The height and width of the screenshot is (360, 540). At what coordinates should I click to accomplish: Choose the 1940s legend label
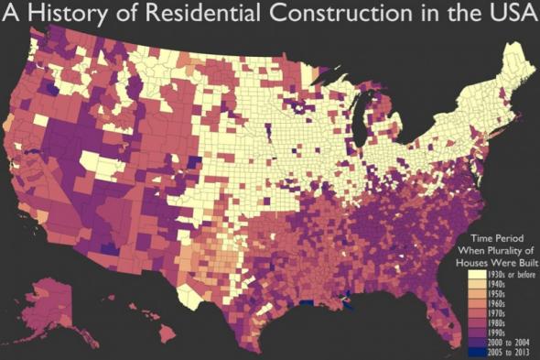495,284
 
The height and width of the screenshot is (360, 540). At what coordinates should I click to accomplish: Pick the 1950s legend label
495,294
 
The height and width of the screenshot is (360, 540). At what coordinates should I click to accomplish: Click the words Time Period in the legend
499,238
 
